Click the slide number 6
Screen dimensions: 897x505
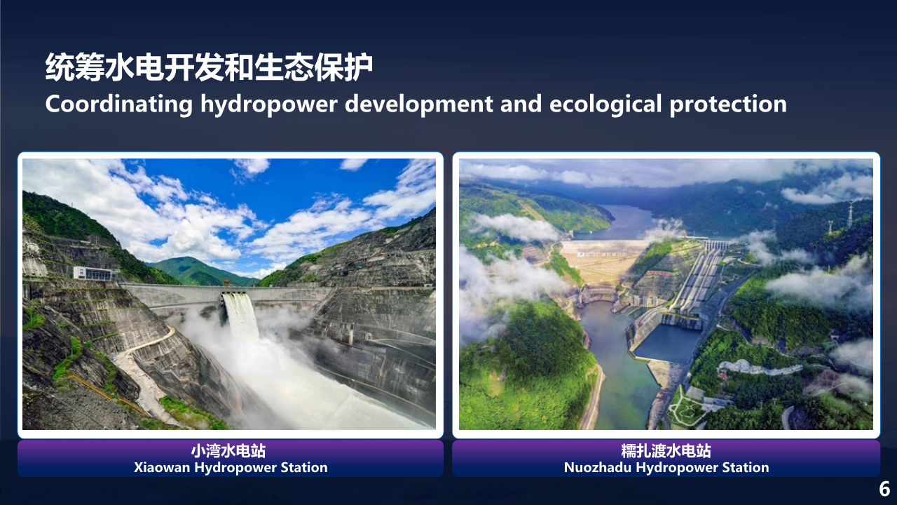pyautogui.click(x=884, y=489)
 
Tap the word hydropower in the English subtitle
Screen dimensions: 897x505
pyautogui.click(x=269, y=105)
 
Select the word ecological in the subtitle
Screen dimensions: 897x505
pyautogui.click(x=605, y=105)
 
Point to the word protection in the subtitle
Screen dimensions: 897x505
pyautogui.click(x=728, y=105)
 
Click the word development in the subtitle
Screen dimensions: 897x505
pyautogui.click(x=419, y=105)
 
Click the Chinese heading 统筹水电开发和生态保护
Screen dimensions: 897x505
pyautogui.click(x=209, y=67)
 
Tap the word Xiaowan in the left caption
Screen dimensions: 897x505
pyautogui.click(x=162, y=467)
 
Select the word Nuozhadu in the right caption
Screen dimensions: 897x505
pyautogui.click(x=598, y=467)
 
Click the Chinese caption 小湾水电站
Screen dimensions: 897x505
pyautogui.click(x=228, y=451)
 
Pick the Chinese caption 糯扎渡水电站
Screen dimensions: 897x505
pyautogui.click(x=666, y=451)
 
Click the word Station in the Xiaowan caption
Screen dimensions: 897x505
pyautogui.click(x=304, y=467)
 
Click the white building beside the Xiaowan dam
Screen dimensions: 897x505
pyautogui.click(x=95, y=274)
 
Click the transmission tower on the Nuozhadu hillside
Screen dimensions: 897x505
pyautogui.click(x=850, y=215)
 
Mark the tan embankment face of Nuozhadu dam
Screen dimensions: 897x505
pyautogui.click(x=603, y=260)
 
